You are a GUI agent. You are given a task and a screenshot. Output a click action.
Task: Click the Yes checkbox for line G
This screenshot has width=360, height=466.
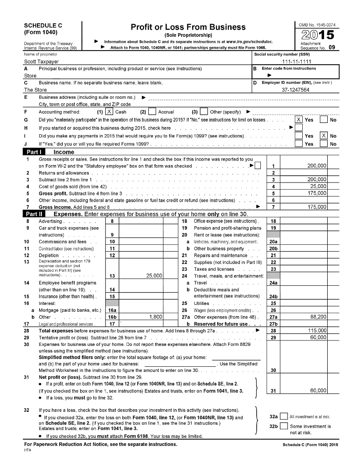[x=299, y=120]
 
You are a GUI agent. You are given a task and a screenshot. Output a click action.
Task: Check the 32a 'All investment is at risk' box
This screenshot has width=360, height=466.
[x=284, y=416]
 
